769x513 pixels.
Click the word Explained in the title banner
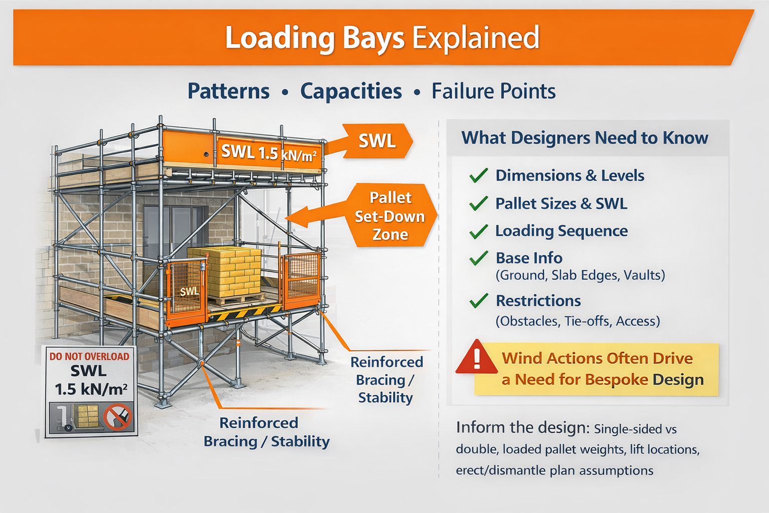pos(475,38)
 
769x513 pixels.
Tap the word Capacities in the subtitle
pos(351,91)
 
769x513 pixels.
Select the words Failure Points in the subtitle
pos(493,91)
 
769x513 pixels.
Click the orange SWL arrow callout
pos(377,141)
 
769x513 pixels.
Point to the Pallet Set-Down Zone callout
pos(390,216)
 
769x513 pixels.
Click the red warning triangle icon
pos(476,357)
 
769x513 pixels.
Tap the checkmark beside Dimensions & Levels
pos(479,175)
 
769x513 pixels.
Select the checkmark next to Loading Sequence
pos(479,231)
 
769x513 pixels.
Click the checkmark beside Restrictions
pos(479,301)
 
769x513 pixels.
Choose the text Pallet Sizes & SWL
pos(561,203)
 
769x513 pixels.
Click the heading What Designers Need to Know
pos(585,138)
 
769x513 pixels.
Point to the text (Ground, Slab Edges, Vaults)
pos(580,275)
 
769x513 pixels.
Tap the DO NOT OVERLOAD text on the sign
pos(89,357)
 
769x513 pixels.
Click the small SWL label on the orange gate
pos(189,292)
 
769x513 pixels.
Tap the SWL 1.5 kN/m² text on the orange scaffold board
pos(268,152)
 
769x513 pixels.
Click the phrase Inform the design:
pos(522,427)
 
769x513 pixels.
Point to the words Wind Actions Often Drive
pos(597,358)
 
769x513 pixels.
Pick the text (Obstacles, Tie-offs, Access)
pos(578,321)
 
